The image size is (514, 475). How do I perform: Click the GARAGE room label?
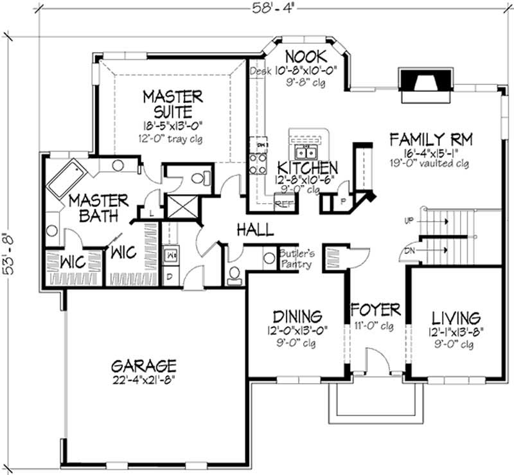pos(143,366)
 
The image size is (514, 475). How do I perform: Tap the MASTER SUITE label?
pos(172,104)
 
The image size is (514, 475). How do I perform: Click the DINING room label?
pos(296,317)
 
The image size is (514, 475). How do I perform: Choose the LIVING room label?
pos(456,318)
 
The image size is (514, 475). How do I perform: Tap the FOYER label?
pos(375,310)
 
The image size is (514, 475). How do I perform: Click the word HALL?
pos(254,229)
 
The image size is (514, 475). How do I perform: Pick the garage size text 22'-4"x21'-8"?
pos(143,379)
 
